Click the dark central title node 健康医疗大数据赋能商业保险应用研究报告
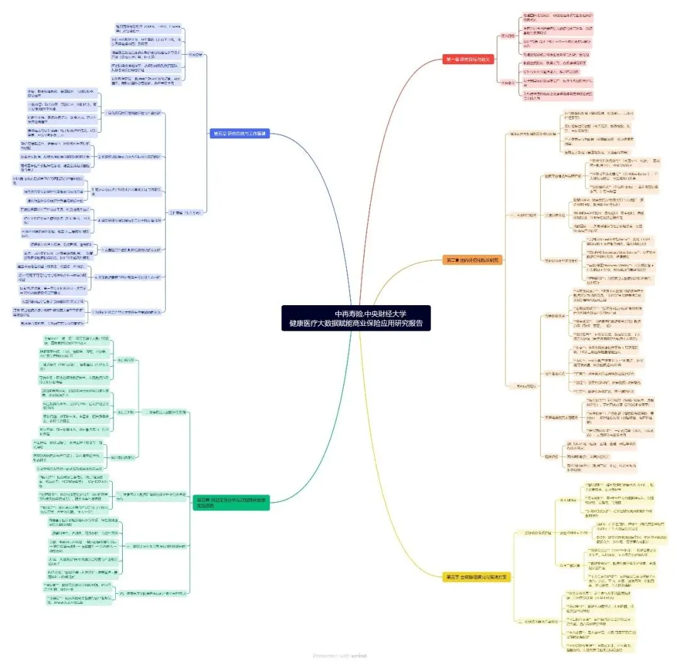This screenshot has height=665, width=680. pos(356,318)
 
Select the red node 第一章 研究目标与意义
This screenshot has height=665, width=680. pos(467,59)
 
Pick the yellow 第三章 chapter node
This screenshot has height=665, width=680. pos(475,576)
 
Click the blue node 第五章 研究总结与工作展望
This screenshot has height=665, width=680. pos(239,133)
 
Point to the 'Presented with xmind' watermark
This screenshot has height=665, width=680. pos(339,656)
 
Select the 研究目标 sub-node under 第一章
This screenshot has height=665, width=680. pos(507,36)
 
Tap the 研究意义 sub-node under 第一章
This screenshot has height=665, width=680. pos(507,82)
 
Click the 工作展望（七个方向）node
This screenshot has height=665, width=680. pos(184,213)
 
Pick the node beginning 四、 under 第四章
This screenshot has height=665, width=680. pos(152,593)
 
